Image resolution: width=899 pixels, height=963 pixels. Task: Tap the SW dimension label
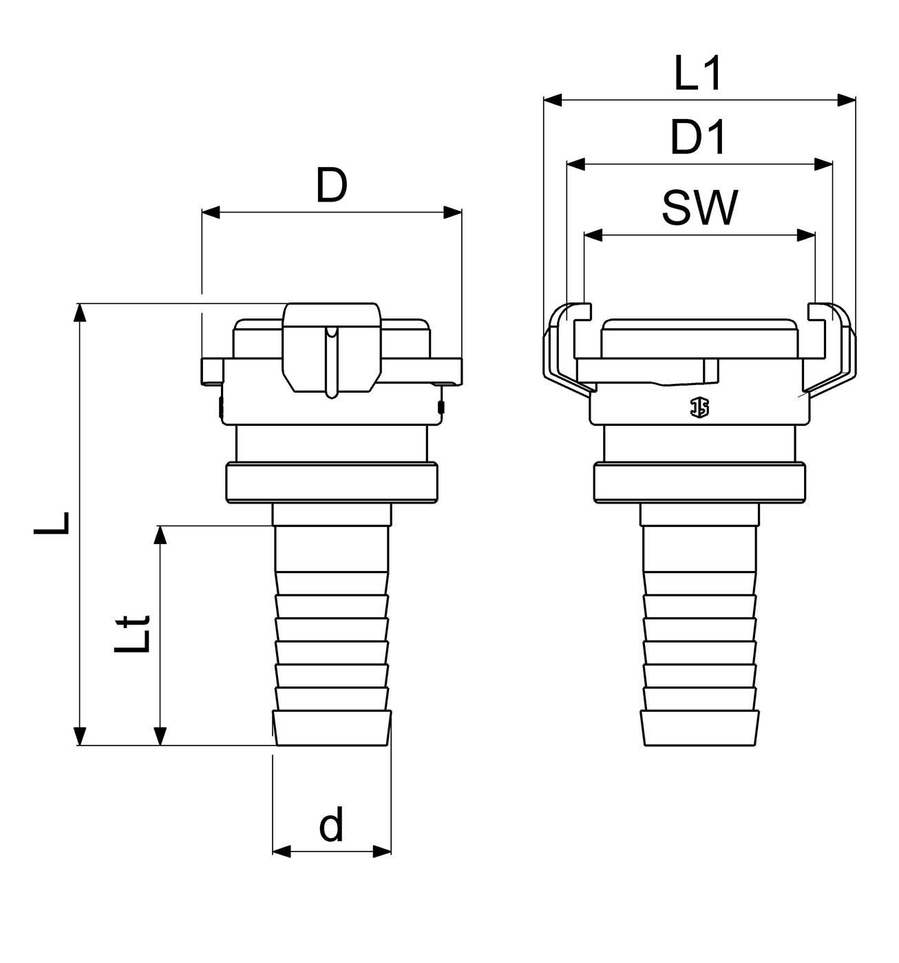point(699,208)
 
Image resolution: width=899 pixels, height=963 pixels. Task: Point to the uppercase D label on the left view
point(332,185)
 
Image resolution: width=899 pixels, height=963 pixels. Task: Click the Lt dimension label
point(132,634)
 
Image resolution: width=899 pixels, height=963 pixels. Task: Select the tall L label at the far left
point(52,523)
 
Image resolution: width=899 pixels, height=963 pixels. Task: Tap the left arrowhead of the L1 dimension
point(552,100)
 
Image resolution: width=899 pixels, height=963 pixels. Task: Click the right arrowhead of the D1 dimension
point(823,164)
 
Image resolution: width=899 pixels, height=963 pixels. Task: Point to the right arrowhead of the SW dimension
point(806,236)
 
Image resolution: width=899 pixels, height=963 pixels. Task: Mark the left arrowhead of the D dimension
point(211,213)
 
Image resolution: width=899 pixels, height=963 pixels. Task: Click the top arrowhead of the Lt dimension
point(160,535)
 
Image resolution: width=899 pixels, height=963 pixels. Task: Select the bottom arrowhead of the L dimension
point(80,736)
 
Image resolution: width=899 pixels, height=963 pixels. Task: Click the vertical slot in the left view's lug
point(332,362)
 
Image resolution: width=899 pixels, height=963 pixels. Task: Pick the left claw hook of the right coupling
point(567,347)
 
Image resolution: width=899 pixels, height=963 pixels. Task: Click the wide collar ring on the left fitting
point(332,483)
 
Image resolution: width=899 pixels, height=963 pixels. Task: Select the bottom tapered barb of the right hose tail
point(699,728)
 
